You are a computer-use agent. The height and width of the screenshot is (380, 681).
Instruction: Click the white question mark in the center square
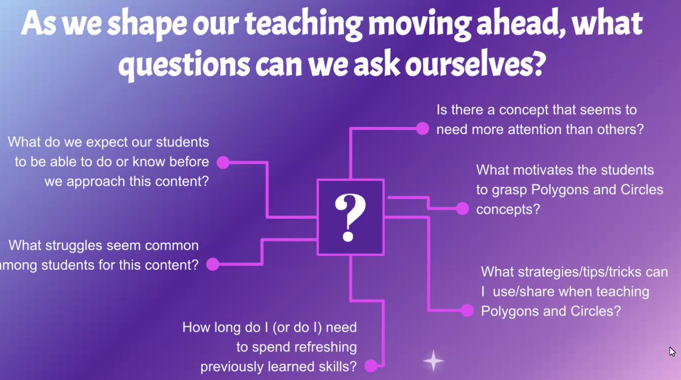(x=350, y=216)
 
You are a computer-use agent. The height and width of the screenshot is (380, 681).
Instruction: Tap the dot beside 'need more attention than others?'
(x=422, y=128)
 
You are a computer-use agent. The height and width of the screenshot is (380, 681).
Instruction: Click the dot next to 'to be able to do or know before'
(x=223, y=162)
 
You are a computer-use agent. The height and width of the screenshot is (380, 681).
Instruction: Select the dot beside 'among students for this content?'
(x=212, y=264)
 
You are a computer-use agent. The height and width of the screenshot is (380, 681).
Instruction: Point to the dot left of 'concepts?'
(x=463, y=209)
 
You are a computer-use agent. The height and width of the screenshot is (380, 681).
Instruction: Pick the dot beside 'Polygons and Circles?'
(x=467, y=310)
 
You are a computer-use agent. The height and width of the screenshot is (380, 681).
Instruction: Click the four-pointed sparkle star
(x=433, y=361)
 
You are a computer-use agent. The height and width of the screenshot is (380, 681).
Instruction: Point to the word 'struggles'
(x=83, y=246)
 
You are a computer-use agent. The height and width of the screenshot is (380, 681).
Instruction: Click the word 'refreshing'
(x=325, y=347)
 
